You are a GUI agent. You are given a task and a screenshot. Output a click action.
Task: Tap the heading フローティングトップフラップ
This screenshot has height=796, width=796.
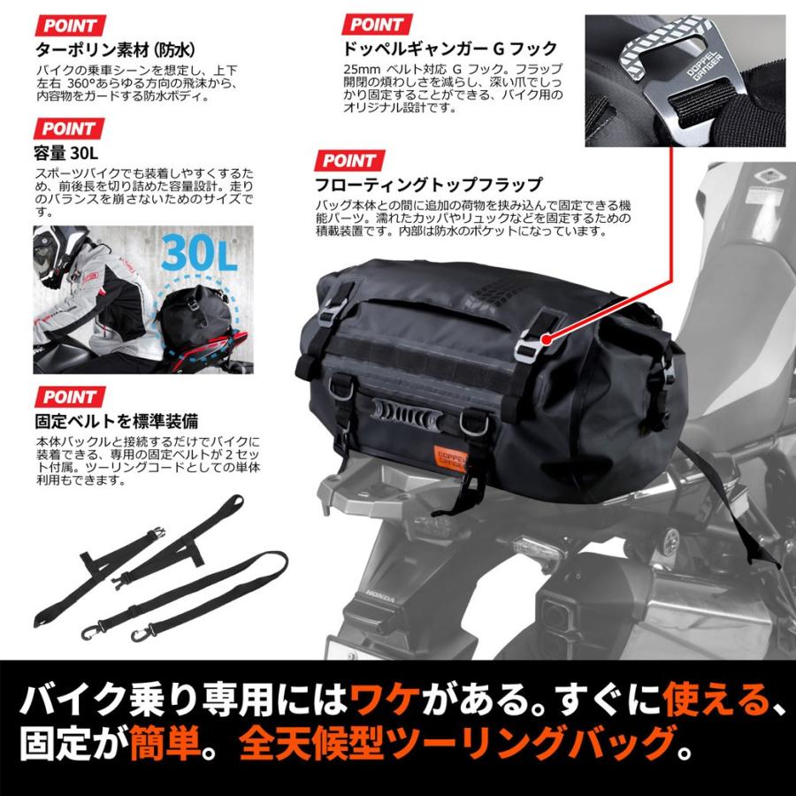[429, 185]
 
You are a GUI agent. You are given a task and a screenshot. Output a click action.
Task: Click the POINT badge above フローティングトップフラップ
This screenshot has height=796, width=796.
[348, 160]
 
